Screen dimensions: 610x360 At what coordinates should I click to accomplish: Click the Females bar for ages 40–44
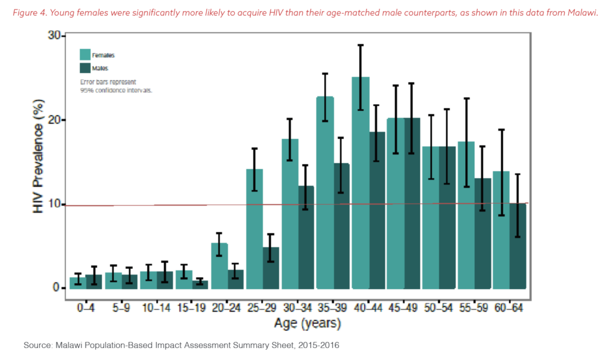point(360,183)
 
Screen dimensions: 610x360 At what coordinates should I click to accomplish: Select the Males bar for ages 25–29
point(271,268)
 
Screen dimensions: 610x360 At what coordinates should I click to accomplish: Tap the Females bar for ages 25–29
point(254,229)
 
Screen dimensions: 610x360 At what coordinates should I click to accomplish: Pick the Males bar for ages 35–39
point(341,226)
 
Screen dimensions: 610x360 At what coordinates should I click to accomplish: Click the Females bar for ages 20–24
point(219,266)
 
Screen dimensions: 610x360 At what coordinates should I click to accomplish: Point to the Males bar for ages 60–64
point(518,246)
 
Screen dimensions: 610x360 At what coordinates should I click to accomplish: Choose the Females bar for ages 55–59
point(466,215)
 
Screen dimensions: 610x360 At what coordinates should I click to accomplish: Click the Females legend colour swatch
point(85,54)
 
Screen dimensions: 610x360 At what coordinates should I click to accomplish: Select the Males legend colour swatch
point(85,68)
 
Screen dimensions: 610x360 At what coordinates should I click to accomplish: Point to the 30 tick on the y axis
point(63,36)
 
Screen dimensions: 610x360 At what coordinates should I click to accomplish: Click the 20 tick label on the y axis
point(54,119)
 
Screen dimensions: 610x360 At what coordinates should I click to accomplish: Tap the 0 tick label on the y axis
point(57,288)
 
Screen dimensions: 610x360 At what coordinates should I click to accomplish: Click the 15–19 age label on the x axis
point(191,308)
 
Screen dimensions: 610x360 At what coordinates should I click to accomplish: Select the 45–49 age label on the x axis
point(403,308)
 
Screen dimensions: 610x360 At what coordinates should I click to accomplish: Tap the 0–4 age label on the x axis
point(86,308)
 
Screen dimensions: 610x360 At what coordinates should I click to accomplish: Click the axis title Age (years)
point(307,324)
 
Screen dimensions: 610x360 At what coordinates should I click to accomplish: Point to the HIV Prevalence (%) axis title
point(38,156)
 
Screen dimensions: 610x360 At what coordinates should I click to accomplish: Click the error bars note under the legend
point(116,86)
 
